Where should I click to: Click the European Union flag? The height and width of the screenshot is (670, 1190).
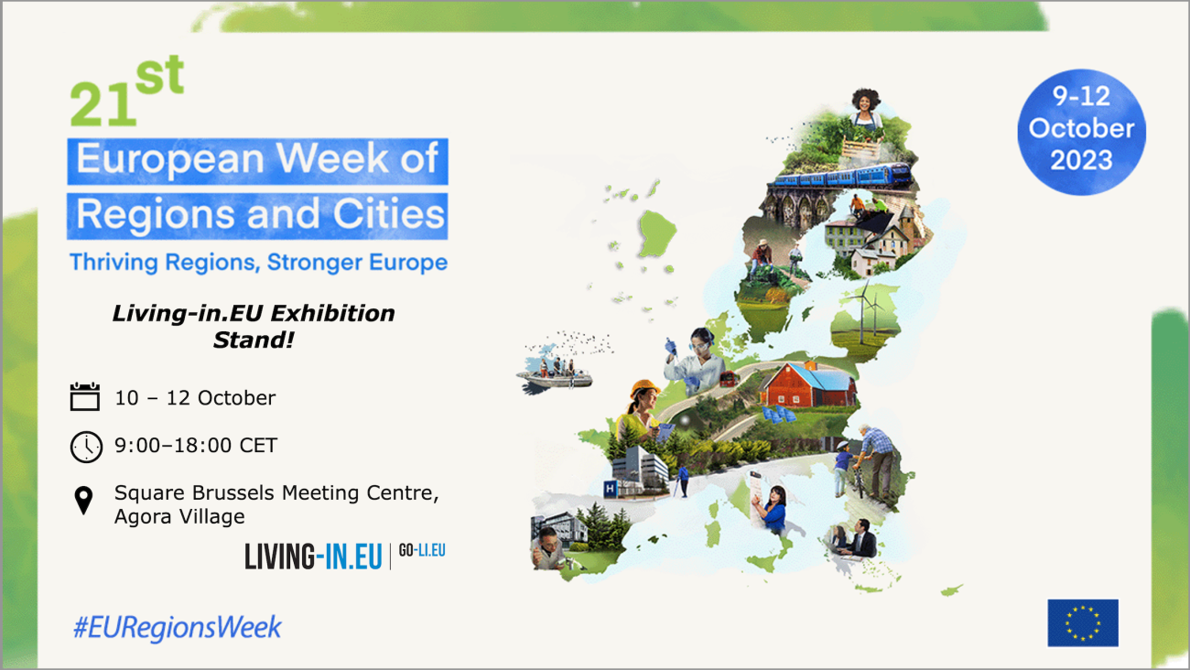[x=1083, y=622]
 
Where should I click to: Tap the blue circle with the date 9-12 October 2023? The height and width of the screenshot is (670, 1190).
[x=1081, y=132]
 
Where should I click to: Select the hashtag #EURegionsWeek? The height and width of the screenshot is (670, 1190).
[x=177, y=628]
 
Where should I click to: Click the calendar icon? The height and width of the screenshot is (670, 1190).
[x=84, y=396]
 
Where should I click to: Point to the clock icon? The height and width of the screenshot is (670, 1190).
[x=86, y=446]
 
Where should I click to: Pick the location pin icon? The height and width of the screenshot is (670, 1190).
[x=84, y=501]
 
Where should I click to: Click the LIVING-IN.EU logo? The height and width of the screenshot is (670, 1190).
[x=313, y=556]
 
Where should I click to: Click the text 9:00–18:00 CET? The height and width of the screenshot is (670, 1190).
[x=196, y=446]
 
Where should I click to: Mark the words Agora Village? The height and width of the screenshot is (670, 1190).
[x=179, y=516]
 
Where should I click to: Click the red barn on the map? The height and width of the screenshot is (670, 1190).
[x=806, y=385]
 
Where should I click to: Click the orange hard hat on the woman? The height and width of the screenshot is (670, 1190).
[x=644, y=388]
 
